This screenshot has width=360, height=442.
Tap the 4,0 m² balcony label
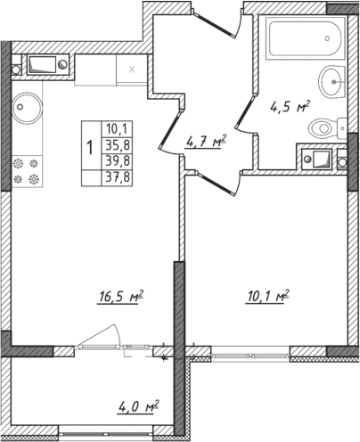[138, 409]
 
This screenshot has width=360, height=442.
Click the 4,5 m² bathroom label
[290, 106]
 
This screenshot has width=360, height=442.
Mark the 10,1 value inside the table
[116, 127]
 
